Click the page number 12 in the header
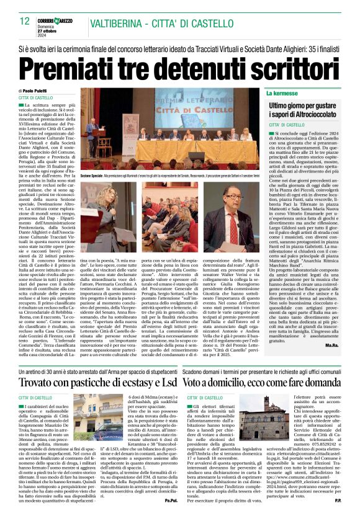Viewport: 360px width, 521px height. pyautogui.click(x=25, y=22)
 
